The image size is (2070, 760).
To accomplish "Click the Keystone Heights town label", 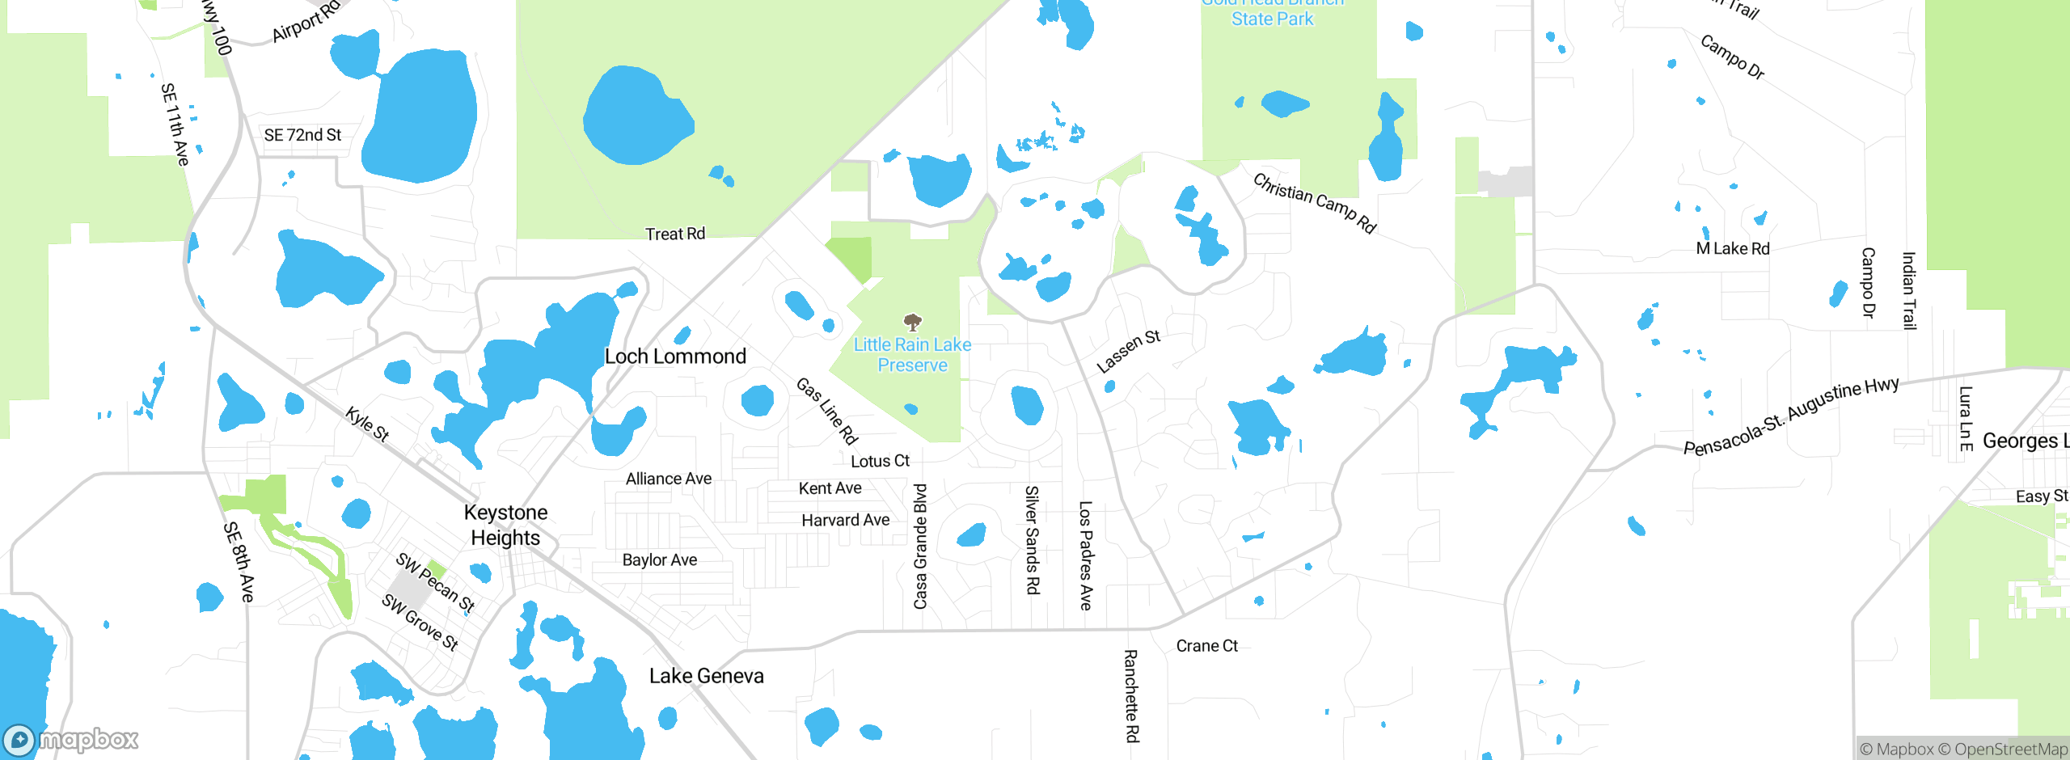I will [x=506, y=525].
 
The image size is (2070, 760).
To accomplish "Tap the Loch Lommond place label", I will [x=675, y=357].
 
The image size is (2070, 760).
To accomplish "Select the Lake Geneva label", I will [x=706, y=676].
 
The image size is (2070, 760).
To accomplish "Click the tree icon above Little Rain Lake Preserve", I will [x=913, y=323].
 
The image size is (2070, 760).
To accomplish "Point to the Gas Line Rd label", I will [x=826, y=411].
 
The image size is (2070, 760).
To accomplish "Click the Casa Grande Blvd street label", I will [x=920, y=547].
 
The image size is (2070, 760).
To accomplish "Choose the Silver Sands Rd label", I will [x=1033, y=540].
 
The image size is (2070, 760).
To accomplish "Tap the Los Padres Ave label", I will [x=1086, y=555].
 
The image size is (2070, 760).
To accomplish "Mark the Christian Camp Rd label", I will [x=1314, y=203].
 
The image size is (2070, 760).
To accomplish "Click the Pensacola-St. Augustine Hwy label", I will [x=1790, y=416].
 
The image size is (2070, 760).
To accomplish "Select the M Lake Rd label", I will [x=1732, y=249].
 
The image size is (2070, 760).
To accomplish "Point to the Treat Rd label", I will [x=675, y=234].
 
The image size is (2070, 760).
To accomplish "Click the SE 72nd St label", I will [x=302, y=135].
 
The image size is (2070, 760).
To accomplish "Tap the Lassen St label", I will [x=1128, y=351].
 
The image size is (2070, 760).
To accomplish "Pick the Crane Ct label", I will [x=1206, y=646].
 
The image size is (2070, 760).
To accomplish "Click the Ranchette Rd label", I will [x=1131, y=695].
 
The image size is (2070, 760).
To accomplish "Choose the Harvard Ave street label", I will [x=845, y=521].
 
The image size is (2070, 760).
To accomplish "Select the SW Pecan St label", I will [x=435, y=583].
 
